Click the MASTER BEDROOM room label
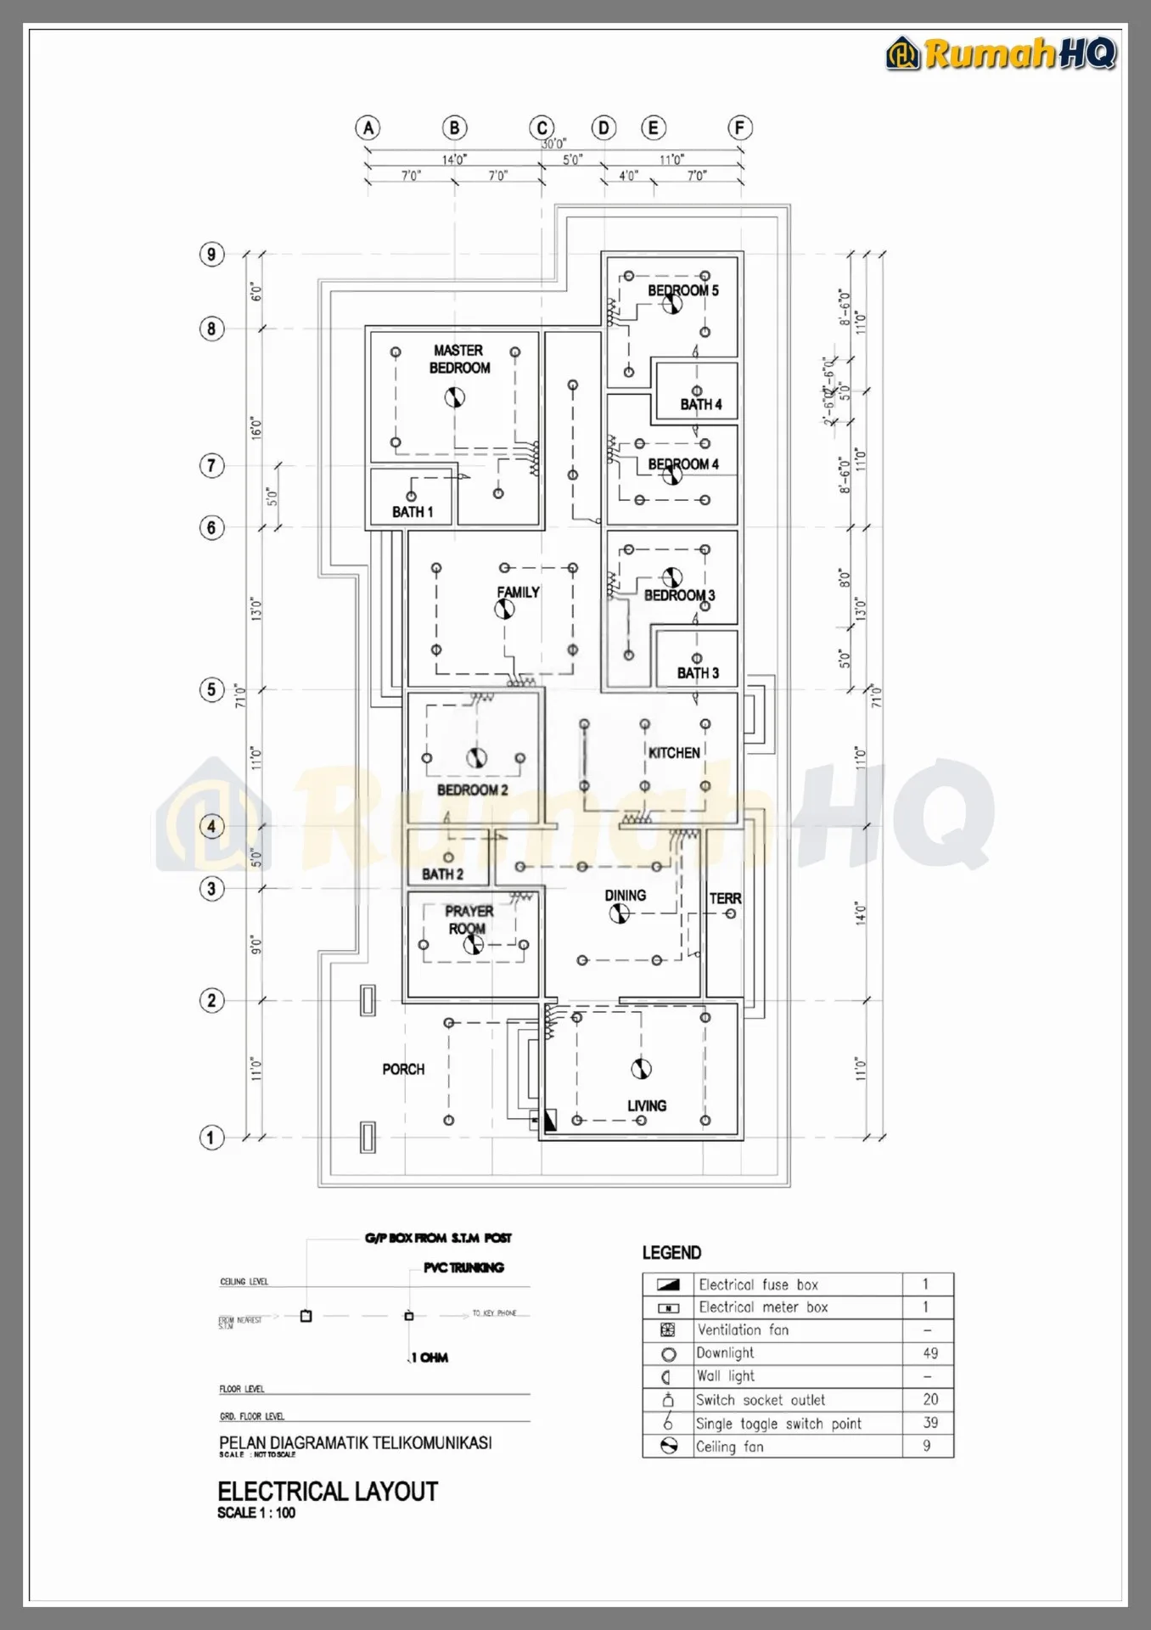459,359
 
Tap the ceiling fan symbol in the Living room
641,1069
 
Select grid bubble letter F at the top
739,128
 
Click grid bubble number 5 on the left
211,689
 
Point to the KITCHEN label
674,753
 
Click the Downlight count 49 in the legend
930,1353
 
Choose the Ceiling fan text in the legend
729,1447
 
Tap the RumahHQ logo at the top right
1002,53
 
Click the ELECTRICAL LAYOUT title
328,1492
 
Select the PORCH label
403,1069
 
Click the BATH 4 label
700,405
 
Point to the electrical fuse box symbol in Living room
548,1121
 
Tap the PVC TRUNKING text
463,1267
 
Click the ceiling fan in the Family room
504,609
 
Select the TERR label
725,898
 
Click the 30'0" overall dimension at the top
553,144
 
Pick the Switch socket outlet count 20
930,1399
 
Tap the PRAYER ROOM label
469,919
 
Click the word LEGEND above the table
671,1253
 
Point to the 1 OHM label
430,1357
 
